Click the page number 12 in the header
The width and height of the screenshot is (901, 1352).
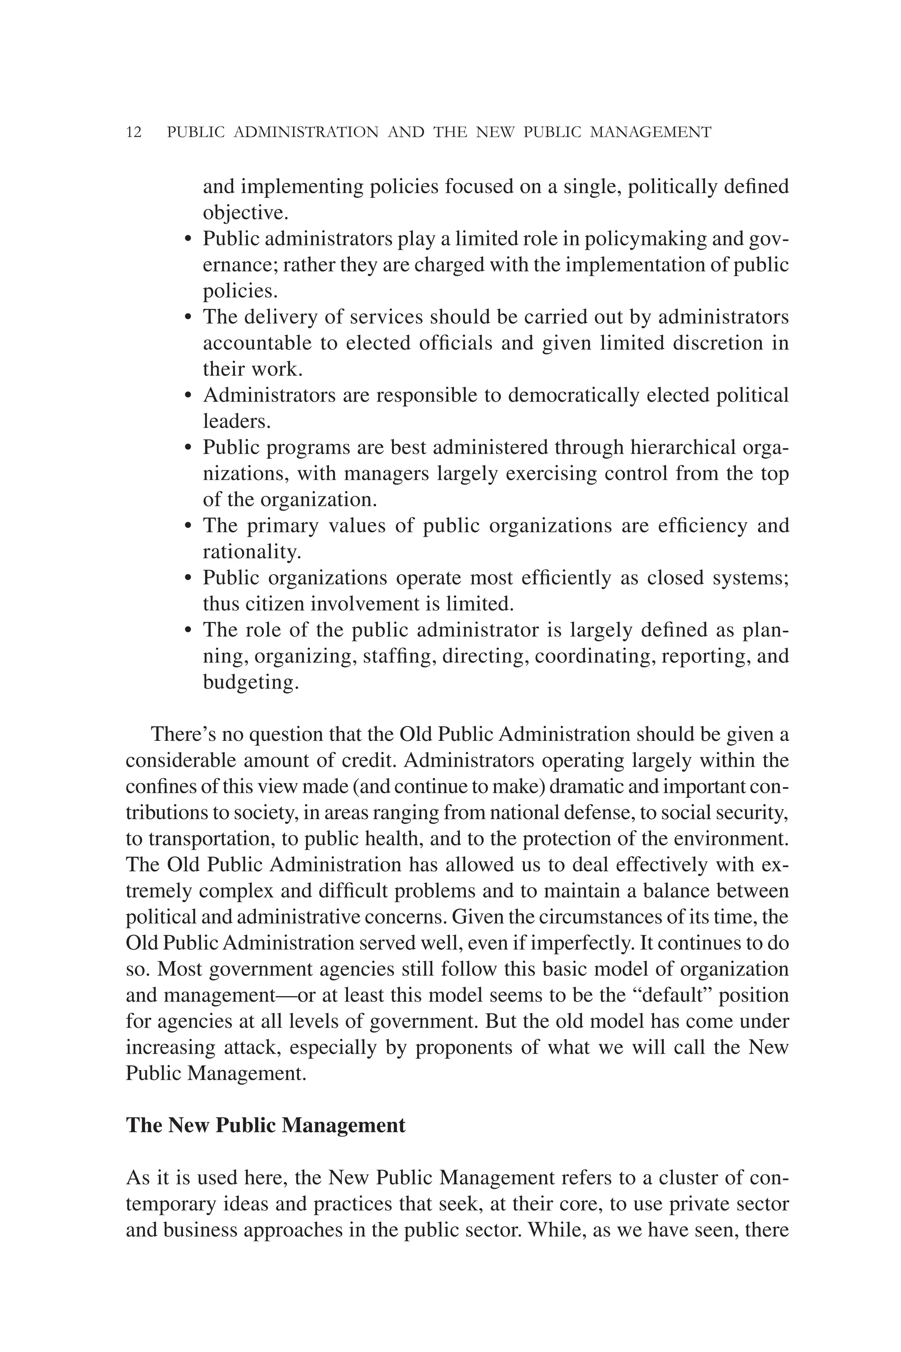(133, 133)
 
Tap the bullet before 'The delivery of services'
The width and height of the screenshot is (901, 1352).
(187, 318)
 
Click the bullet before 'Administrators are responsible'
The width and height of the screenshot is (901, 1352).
(187, 396)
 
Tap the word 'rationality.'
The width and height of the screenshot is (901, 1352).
(252, 552)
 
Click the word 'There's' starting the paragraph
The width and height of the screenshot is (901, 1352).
(181, 734)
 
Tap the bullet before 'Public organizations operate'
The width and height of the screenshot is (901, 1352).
(187, 579)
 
